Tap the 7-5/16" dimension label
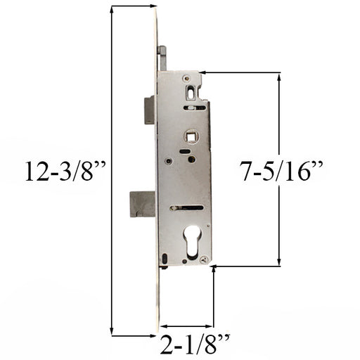pos(281,171)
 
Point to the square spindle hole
pos(192,136)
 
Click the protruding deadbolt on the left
pos(143,204)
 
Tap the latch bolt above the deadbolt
pos(149,110)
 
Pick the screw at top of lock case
pos(186,78)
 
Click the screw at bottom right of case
pos(205,259)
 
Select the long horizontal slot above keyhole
pos(187,207)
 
